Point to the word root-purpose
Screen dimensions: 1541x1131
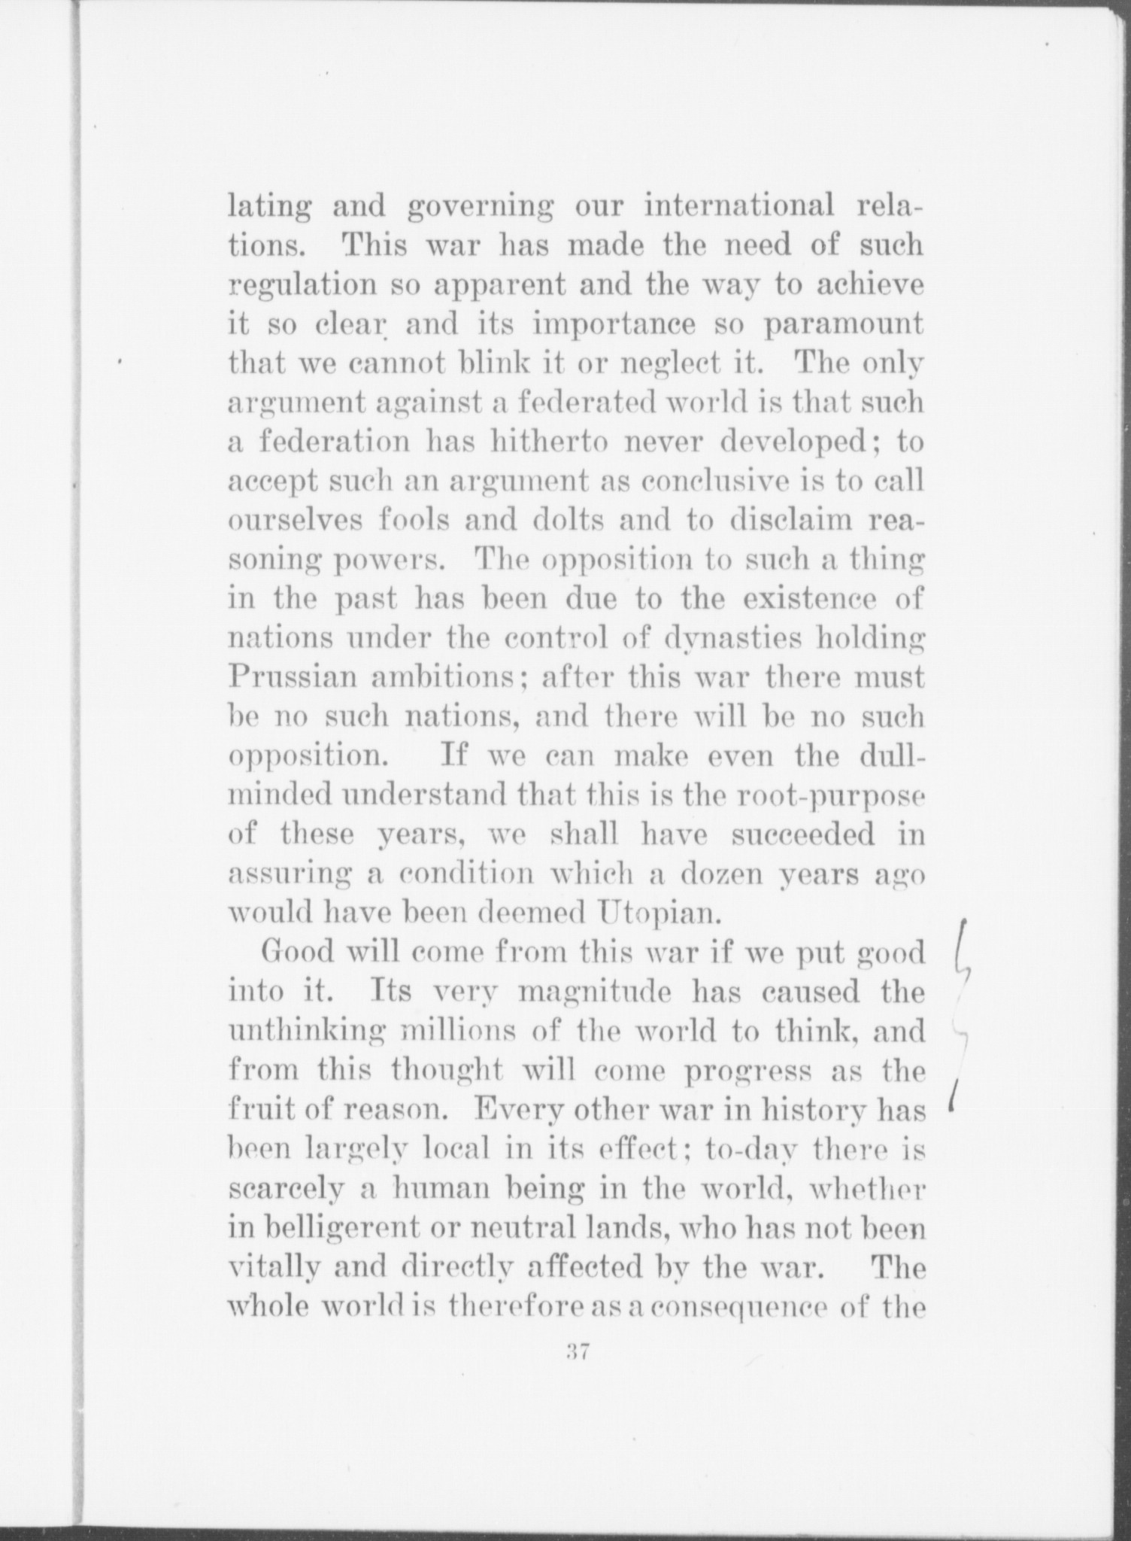tap(836, 796)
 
